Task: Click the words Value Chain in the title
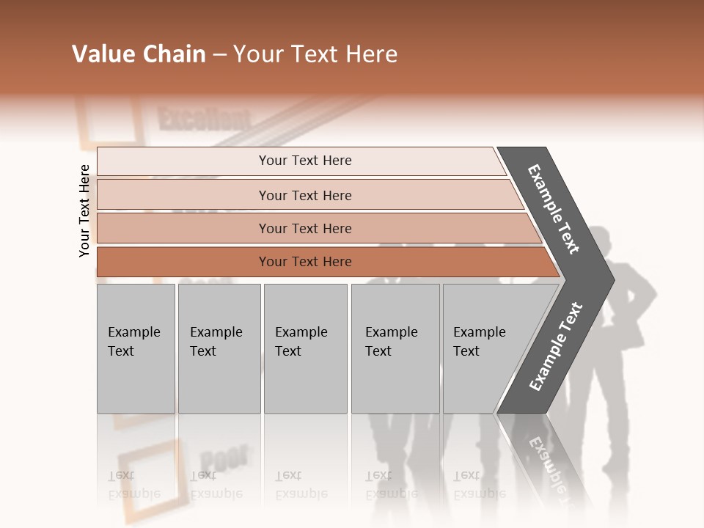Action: click(139, 54)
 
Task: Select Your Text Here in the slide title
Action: click(315, 54)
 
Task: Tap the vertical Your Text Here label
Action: click(84, 211)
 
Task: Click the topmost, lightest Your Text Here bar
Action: click(304, 161)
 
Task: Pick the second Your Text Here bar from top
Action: click(304, 195)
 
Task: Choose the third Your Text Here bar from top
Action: click(304, 228)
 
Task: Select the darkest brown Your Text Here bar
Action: click(304, 262)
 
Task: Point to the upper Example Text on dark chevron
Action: click(554, 209)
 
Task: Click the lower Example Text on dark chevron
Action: click(556, 347)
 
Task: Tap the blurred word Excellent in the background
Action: click(204, 120)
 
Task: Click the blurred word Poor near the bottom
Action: click(223, 458)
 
